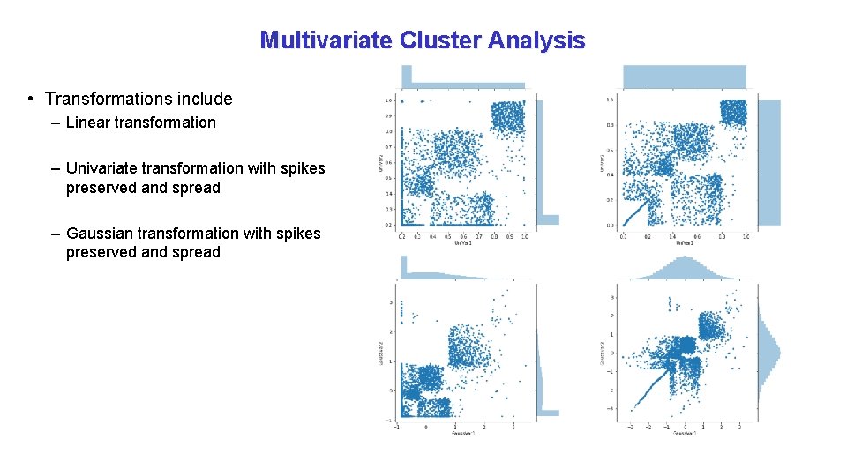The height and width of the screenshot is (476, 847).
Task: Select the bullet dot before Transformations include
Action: [x=30, y=99]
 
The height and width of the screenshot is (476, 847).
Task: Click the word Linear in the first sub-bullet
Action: [x=89, y=123]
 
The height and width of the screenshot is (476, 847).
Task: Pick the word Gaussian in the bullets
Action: [x=101, y=233]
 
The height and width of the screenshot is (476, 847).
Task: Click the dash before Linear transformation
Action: [x=56, y=123]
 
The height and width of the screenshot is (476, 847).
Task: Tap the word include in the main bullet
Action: [x=204, y=99]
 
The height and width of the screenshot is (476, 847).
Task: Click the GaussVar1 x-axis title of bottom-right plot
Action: [x=685, y=434]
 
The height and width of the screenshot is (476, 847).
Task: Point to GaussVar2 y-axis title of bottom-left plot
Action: [x=379, y=353]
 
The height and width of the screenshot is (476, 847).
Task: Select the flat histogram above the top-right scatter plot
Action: [x=685, y=77]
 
